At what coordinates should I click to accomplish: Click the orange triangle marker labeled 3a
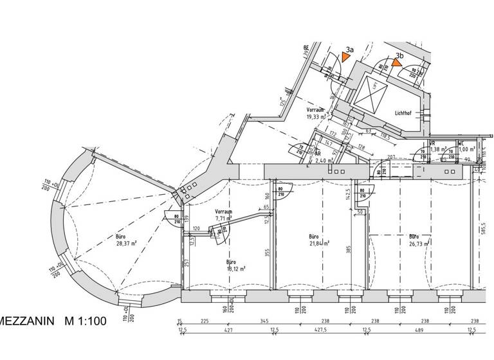pyautogui.click(x=346, y=57)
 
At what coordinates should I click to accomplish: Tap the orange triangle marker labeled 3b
pyautogui.click(x=396, y=63)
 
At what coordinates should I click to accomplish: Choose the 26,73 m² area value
pyautogui.click(x=418, y=244)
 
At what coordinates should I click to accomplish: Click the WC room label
pyautogui.click(x=461, y=144)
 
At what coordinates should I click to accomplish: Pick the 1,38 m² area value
pyautogui.click(x=437, y=149)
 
